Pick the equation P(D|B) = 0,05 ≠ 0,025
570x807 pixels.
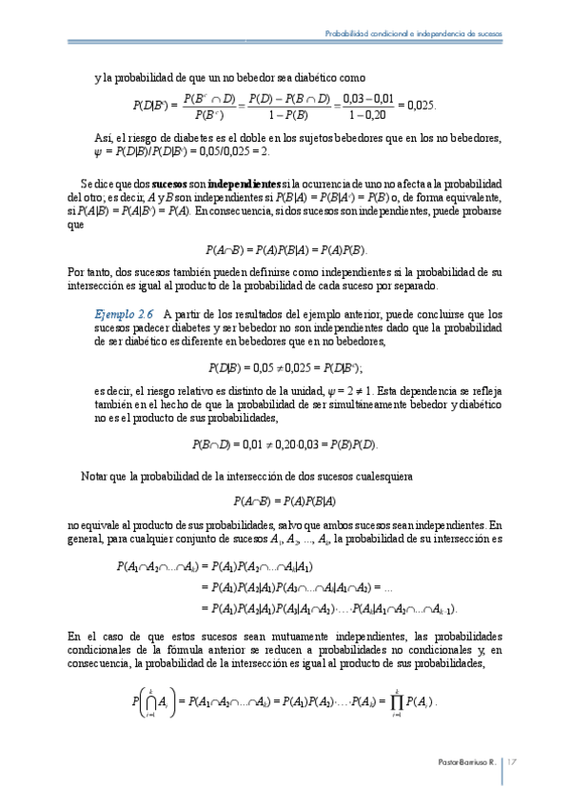point(286,366)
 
